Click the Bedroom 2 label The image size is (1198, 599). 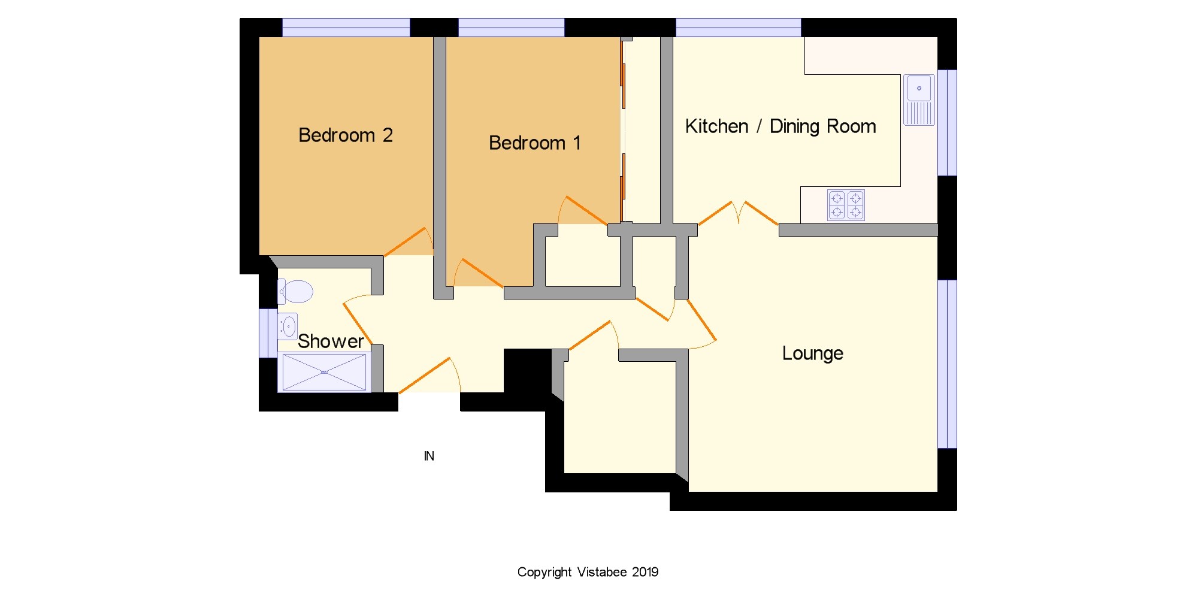[346, 135]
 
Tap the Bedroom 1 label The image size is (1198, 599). [535, 143]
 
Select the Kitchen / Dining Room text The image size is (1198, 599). [780, 126]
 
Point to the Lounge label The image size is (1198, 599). [813, 353]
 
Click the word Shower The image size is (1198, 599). [331, 341]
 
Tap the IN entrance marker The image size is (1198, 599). [429, 456]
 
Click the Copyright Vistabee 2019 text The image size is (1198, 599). [588, 573]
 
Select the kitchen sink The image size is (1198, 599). [919, 100]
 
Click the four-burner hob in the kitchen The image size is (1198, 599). [846, 205]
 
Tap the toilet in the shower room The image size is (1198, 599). [295, 292]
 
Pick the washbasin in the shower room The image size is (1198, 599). [288, 326]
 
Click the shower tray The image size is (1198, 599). [324, 373]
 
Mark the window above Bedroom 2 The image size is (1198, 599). [346, 28]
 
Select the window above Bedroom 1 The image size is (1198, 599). [511, 28]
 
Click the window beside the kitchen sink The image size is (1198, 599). [947, 123]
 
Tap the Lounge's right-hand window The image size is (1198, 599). [947, 364]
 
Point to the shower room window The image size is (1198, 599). [268, 333]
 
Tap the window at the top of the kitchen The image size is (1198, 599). [739, 28]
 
